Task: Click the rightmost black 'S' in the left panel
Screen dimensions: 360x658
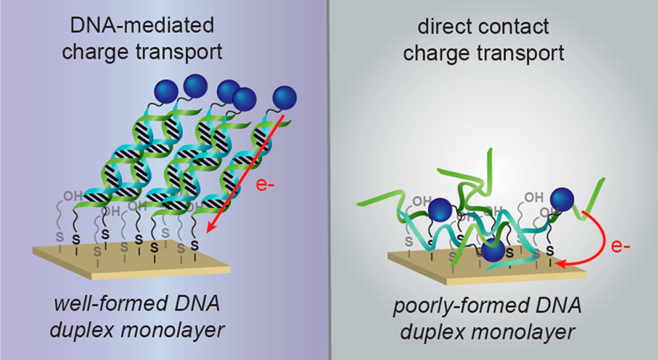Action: coord(193,245)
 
